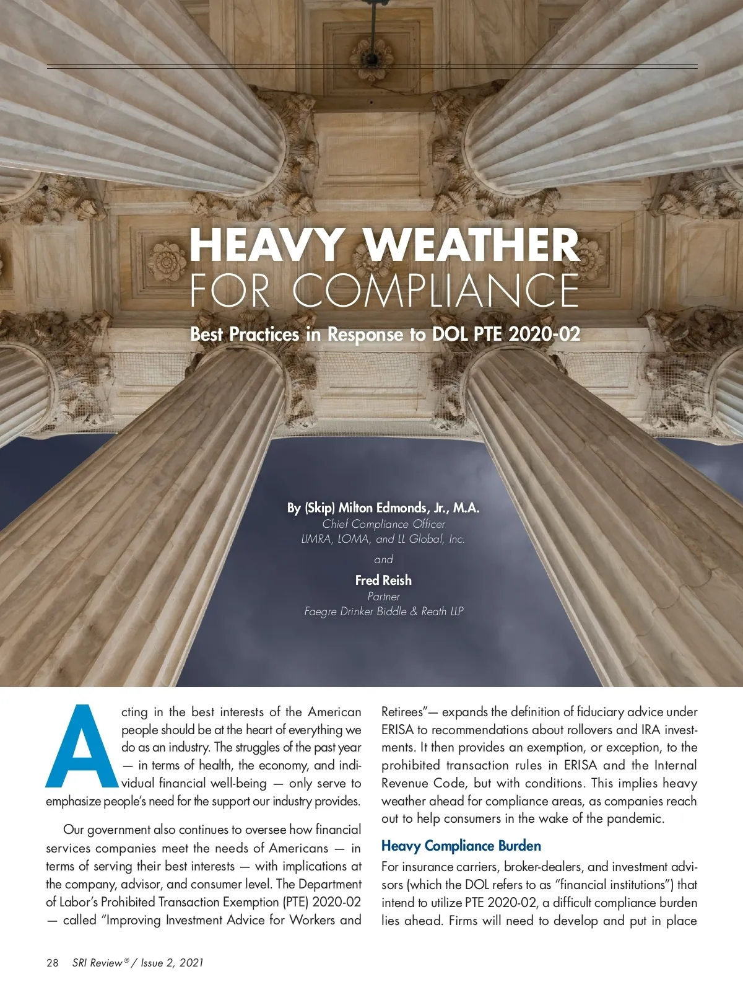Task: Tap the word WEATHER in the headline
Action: (x=472, y=245)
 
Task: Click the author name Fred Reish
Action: (x=383, y=581)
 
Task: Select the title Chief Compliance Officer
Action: (x=383, y=524)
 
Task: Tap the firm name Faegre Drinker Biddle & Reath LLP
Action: (x=383, y=611)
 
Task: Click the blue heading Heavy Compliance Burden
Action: (x=461, y=846)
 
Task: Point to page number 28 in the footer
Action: (x=53, y=963)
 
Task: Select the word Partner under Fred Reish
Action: (x=383, y=597)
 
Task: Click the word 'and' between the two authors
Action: (x=383, y=559)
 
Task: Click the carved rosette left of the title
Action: (x=167, y=260)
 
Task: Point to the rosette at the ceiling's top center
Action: (x=373, y=55)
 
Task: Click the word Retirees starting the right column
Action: (x=401, y=712)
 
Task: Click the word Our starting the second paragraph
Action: (x=74, y=830)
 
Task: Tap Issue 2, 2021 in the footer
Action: (x=172, y=963)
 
